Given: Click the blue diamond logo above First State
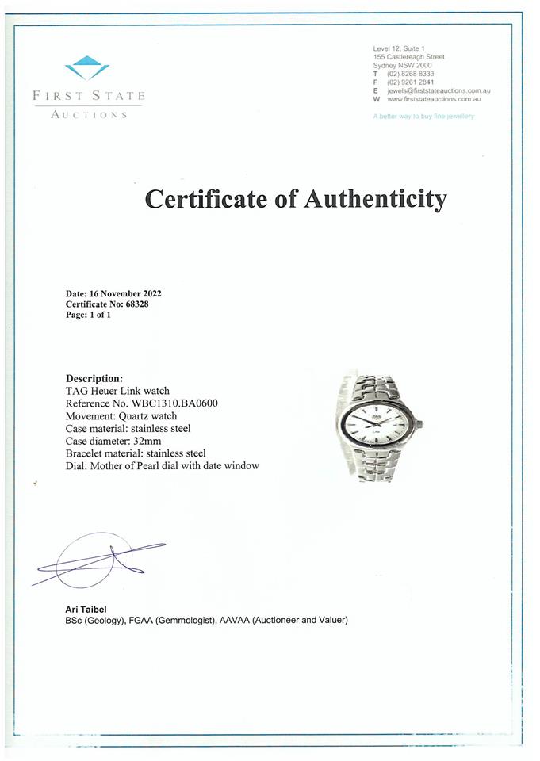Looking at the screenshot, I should coord(87,68).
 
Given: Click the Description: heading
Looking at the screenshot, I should coord(94,378).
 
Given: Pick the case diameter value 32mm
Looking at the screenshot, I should coord(153,441).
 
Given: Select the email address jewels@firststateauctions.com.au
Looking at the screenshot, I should coord(438,91).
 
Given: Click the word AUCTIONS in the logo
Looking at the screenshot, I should coord(89,115).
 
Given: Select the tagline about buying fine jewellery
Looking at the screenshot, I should coord(423,117).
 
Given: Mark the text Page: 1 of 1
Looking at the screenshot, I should coord(88,315).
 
